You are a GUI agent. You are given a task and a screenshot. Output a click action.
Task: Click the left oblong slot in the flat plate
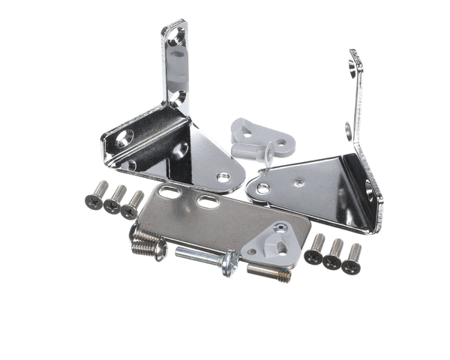point(169,194)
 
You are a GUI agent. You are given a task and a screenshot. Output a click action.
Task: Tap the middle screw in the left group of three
point(115,200)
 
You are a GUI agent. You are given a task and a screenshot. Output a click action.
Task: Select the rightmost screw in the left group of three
point(133,205)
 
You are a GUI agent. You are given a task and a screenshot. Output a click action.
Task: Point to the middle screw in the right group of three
point(334,253)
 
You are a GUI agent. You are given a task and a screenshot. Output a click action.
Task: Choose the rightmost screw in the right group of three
point(352,257)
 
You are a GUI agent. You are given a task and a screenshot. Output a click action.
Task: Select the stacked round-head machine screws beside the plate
point(147,241)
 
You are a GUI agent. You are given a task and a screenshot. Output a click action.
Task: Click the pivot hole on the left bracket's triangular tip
point(223,178)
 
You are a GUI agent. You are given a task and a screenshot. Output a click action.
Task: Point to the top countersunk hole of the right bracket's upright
point(354,69)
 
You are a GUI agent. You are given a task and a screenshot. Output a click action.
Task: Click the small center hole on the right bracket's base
point(299,181)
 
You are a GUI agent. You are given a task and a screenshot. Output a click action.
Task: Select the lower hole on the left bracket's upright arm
point(177,97)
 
